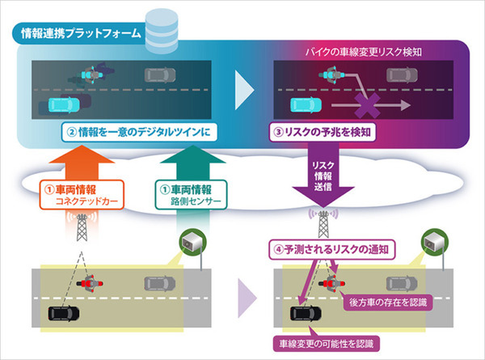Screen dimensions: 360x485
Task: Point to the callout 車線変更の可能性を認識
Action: pos(324,343)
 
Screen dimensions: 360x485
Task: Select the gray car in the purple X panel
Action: pos(399,74)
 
